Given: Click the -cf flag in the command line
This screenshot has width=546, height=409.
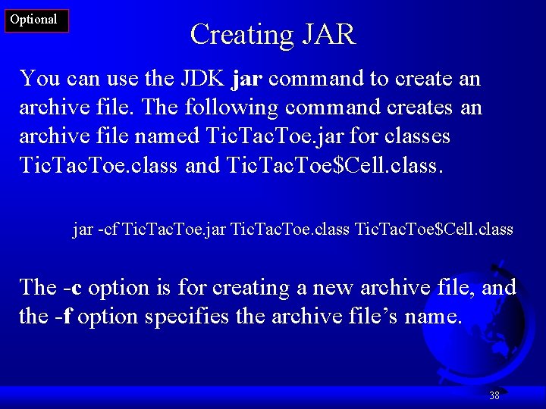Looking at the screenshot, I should (x=108, y=229).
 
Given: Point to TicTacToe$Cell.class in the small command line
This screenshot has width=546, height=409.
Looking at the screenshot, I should (x=434, y=229).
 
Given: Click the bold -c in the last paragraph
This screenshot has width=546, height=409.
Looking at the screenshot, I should (x=73, y=288).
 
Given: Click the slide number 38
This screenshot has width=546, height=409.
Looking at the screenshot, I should (x=494, y=395).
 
